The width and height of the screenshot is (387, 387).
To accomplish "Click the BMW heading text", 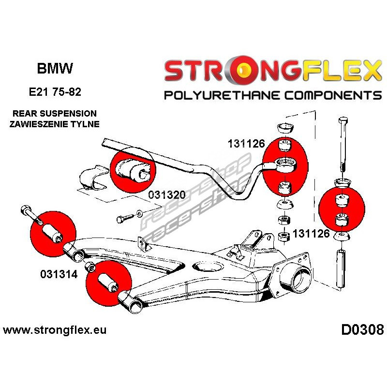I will (x=55, y=69).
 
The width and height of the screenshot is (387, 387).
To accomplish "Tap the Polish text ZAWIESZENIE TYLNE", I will (x=54, y=124).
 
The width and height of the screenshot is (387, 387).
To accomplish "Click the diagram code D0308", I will (x=362, y=330).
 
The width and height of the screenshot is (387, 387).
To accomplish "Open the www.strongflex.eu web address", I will (x=55, y=331).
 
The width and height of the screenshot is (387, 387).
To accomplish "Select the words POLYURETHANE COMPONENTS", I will (x=272, y=95).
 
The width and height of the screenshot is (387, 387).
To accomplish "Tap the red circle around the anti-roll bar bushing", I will (x=133, y=168).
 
